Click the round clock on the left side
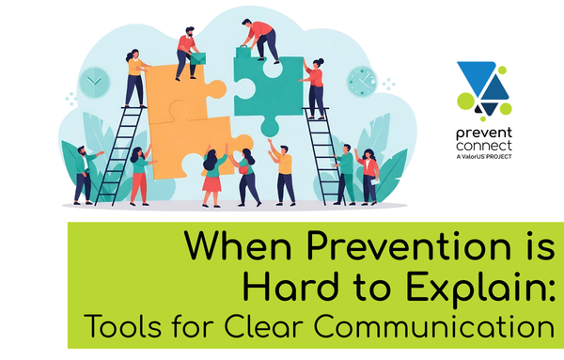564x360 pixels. click(93, 82)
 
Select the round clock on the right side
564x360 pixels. click(360, 81)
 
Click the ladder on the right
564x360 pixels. click(322, 155)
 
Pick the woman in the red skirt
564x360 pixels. click(211, 175)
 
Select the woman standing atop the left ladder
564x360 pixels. click(134, 77)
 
